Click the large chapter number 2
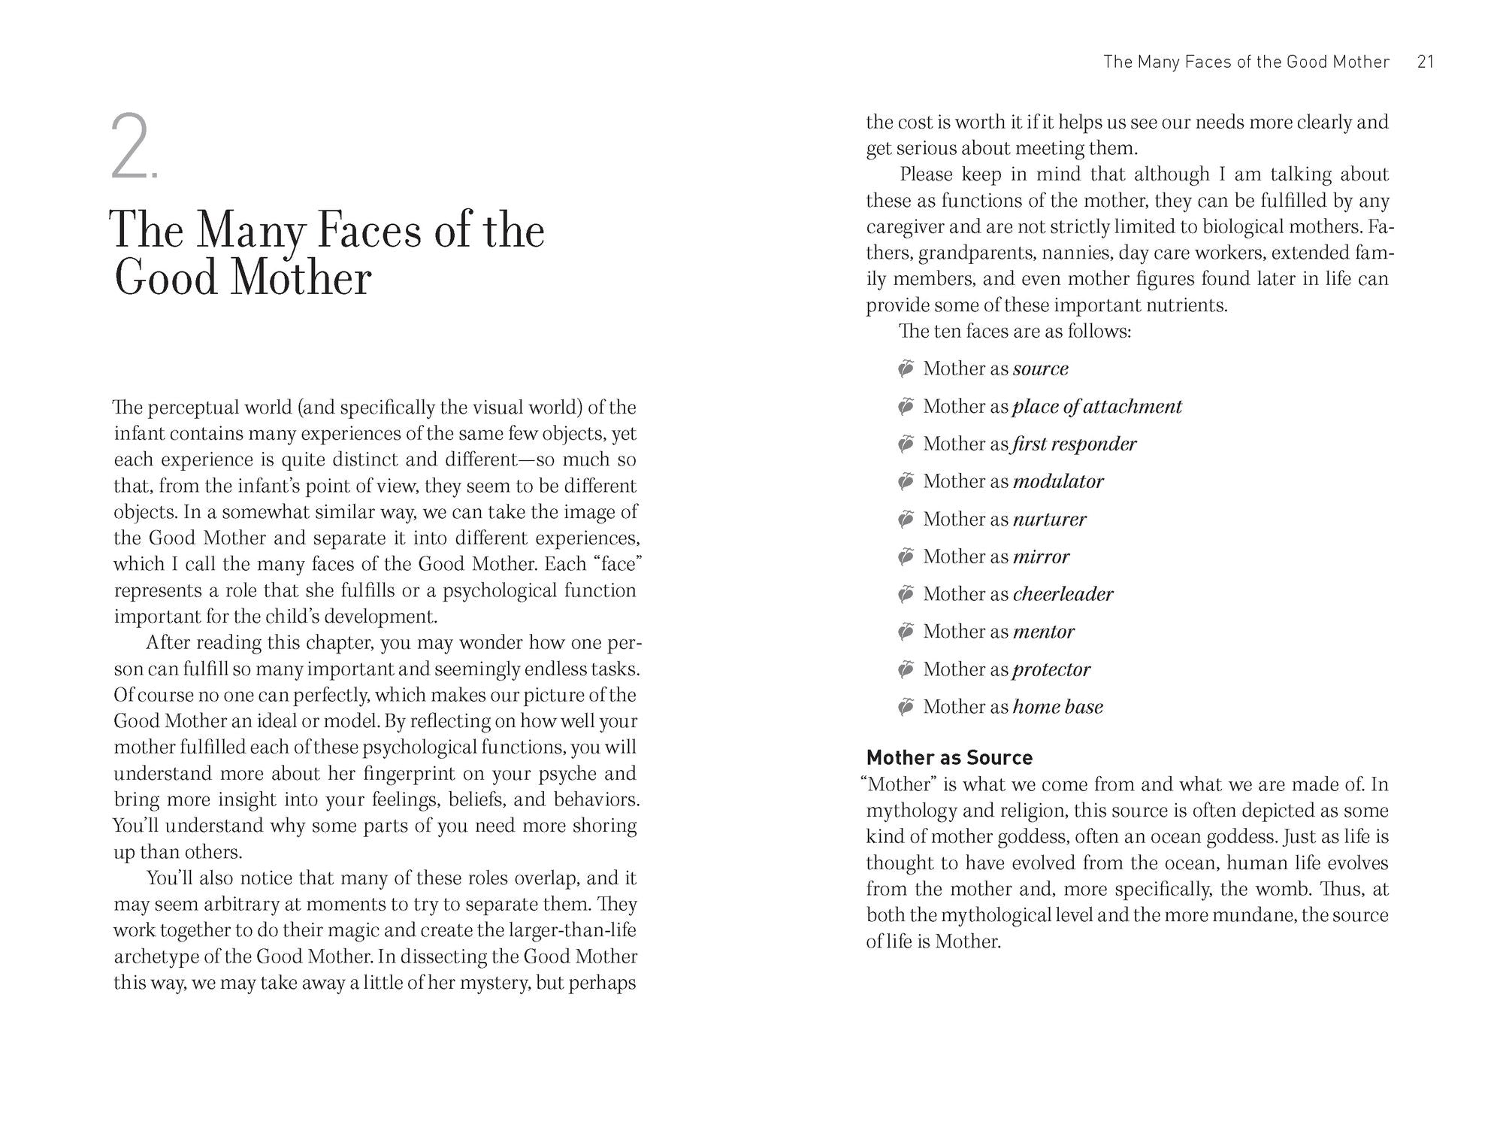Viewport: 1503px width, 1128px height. tap(130, 147)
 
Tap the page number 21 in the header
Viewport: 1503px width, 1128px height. tap(1426, 62)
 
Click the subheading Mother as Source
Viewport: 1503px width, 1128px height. tap(949, 757)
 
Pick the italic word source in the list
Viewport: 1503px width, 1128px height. tap(1040, 368)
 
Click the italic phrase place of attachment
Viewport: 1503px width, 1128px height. tap(1097, 406)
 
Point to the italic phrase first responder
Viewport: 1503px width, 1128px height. tap(1074, 444)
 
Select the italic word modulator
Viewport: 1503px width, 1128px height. tap(1058, 481)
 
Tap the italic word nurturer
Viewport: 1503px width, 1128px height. tap(1049, 519)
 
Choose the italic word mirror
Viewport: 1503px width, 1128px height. tap(1041, 556)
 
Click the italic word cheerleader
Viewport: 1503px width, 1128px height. tap(1063, 594)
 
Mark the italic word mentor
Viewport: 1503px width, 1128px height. tap(1043, 632)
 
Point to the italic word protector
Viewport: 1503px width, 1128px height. tap(1051, 669)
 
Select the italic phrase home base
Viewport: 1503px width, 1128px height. tap(1057, 707)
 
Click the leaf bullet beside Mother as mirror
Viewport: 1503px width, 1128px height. tap(906, 556)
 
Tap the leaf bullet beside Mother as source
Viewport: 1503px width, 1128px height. tap(906, 368)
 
